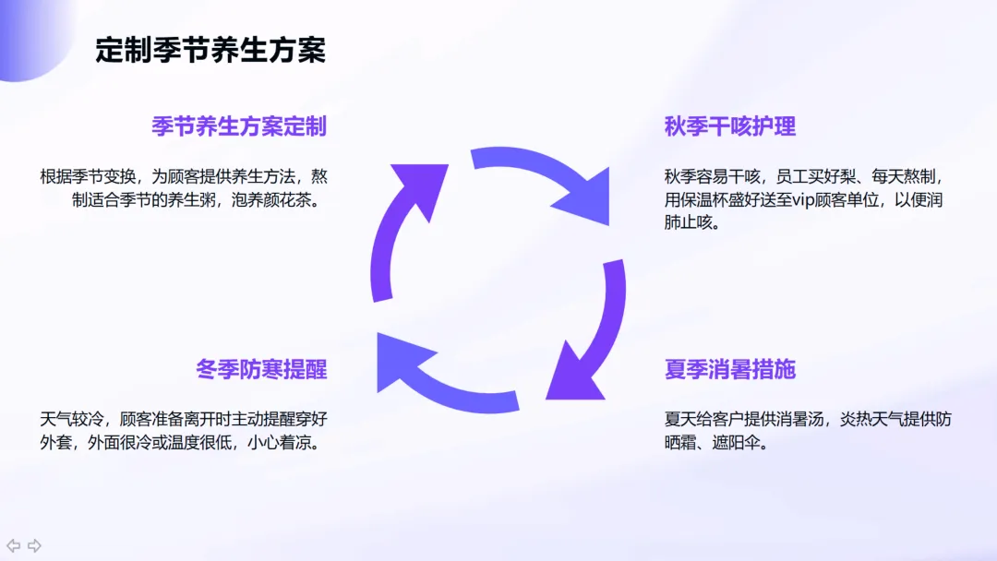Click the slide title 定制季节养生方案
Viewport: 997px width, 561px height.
(210, 50)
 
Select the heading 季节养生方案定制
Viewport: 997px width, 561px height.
(239, 126)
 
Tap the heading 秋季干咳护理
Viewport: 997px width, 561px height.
(730, 126)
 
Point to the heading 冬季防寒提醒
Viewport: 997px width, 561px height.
(261, 370)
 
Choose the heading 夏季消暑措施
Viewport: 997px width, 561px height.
(730, 370)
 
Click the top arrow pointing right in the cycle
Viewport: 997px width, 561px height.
(545, 180)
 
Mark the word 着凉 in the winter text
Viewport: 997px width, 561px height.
(294, 442)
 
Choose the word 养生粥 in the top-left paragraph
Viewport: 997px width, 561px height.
(198, 199)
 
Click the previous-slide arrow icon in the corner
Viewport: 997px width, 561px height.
(14, 545)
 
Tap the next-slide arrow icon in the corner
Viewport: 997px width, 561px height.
(34, 545)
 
